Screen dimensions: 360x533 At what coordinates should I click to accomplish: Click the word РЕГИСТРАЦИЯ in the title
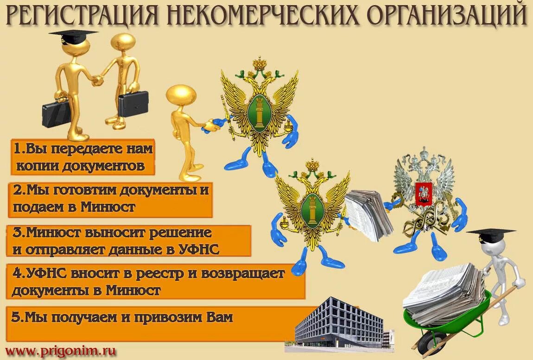coord(82,16)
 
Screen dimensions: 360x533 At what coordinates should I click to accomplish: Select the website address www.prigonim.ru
coord(60,351)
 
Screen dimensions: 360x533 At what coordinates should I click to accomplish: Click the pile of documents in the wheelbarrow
coord(445,292)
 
